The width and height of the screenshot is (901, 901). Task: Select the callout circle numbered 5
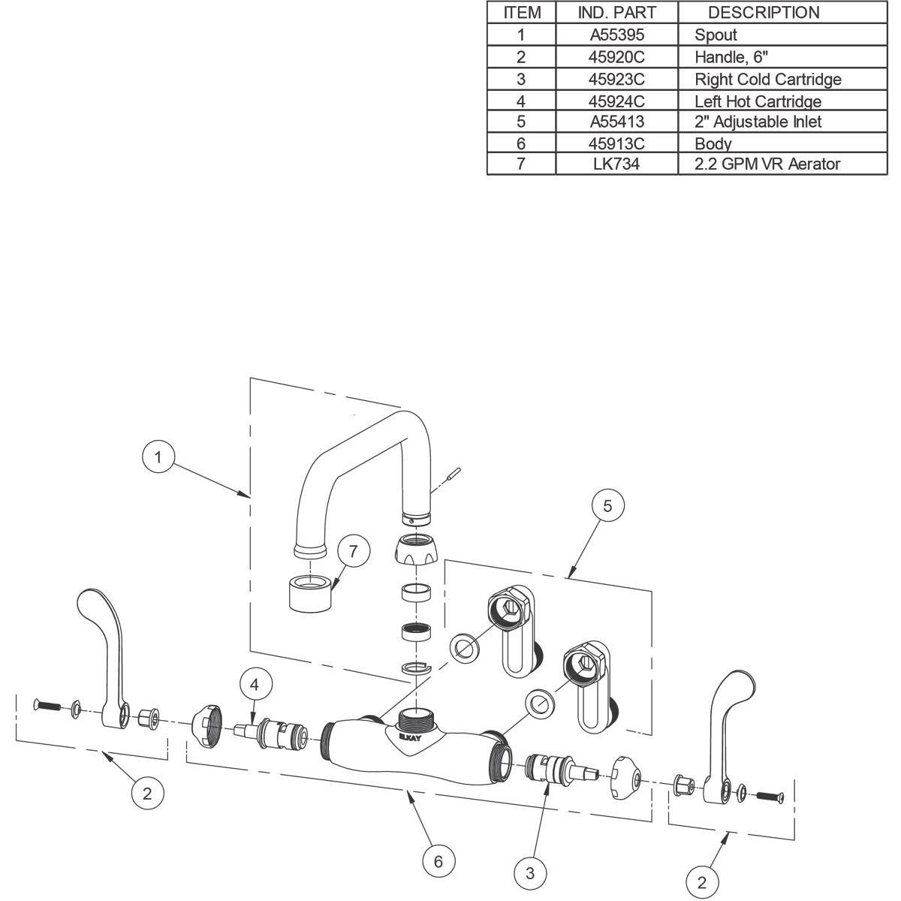click(607, 506)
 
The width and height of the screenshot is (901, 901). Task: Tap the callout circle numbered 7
click(354, 550)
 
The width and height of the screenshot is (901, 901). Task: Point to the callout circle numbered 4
click(255, 685)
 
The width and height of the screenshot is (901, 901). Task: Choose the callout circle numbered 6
click(438, 861)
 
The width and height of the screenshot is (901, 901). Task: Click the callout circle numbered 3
click(530, 872)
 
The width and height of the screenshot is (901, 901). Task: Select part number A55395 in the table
click(616, 35)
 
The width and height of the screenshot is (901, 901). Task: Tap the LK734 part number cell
click(616, 164)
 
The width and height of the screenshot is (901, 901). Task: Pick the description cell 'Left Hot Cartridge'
click(758, 101)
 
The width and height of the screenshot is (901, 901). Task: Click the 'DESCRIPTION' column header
click(764, 12)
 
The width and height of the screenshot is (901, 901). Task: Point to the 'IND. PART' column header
click(616, 12)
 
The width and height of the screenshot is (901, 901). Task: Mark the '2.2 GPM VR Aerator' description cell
click(767, 164)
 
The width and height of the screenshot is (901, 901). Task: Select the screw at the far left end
click(47, 706)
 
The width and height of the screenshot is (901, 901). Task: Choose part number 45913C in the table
click(616, 143)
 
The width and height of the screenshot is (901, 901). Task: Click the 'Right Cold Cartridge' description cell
click(767, 79)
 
